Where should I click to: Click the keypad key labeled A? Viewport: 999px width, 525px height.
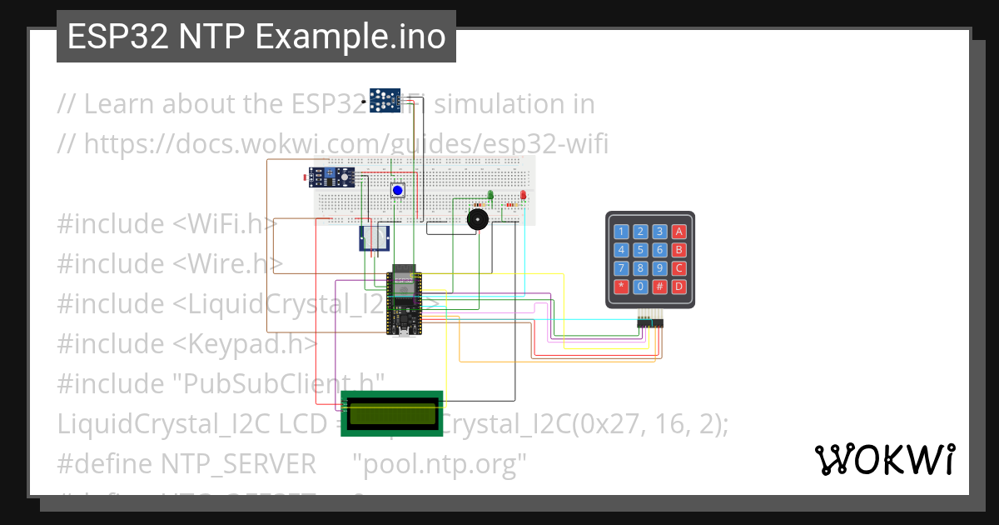[679, 232]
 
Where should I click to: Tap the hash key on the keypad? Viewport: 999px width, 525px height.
[659, 287]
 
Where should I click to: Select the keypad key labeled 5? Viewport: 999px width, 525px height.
[640, 250]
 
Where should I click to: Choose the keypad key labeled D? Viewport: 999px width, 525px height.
[679, 287]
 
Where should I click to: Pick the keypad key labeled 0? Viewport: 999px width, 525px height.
[640, 287]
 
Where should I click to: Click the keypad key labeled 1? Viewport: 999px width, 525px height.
[621, 232]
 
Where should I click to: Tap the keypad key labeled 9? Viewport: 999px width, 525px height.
[659, 268]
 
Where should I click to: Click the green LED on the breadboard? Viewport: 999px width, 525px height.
[490, 196]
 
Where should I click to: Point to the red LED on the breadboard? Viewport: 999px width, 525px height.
[523, 196]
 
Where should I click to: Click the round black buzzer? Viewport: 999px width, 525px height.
[477, 220]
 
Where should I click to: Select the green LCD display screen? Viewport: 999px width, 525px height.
[392, 413]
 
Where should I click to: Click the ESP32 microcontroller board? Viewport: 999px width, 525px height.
[405, 300]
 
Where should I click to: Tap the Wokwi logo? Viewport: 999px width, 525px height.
[885, 459]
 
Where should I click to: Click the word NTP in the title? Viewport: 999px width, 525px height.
[213, 37]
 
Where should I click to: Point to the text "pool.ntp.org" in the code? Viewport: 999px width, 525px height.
[440, 463]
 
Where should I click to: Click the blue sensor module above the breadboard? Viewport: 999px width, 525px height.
[384, 100]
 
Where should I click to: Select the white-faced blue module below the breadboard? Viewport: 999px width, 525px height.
[374, 238]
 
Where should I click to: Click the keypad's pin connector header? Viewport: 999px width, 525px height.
[650, 322]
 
